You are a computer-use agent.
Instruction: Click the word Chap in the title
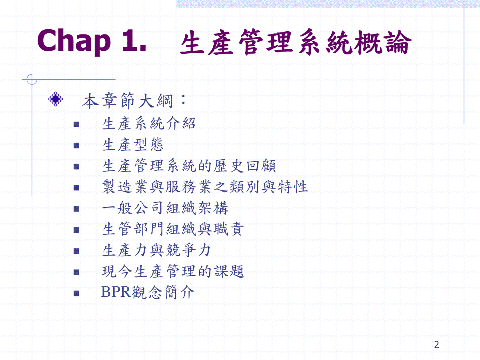coord(74,42)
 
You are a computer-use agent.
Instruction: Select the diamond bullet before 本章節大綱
coord(56,99)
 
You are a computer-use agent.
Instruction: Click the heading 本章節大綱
coord(134,101)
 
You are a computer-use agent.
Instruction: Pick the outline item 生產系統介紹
coord(149,123)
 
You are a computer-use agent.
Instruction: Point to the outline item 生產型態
coord(133,144)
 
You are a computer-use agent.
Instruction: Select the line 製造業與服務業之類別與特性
coord(205,187)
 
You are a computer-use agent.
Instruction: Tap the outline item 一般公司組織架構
coord(165,208)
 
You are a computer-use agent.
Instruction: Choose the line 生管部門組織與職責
coord(173,229)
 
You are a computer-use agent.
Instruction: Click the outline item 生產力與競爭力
coord(156,250)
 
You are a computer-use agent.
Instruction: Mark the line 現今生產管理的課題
coord(173,271)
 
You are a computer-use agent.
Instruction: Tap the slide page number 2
coord(436,345)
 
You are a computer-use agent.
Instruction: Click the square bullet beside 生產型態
coord(76,145)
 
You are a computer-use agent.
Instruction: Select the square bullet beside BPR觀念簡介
coord(76,293)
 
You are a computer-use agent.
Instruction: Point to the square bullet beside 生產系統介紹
coord(76,124)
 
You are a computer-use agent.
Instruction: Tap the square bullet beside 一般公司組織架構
coord(76,209)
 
